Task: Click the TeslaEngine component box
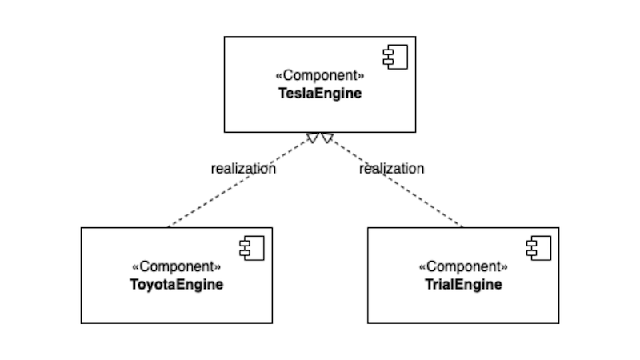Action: pyautogui.click(x=320, y=112)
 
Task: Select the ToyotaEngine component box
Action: pyautogui.click(x=176, y=304)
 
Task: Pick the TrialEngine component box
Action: pyautogui.click(x=463, y=304)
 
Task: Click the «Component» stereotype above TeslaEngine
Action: pyautogui.click(x=320, y=76)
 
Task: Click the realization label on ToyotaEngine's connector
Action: pyautogui.click(x=243, y=169)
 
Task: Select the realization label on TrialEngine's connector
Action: pyautogui.click(x=391, y=169)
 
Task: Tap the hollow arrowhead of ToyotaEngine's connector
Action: pyautogui.click(x=312, y=138)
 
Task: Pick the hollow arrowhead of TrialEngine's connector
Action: pyautogui.click(x=326, y=138)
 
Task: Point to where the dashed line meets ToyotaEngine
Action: pyautogui.click(x=168, y=227)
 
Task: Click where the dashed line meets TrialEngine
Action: pyautogui.click(x=463, y=227)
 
